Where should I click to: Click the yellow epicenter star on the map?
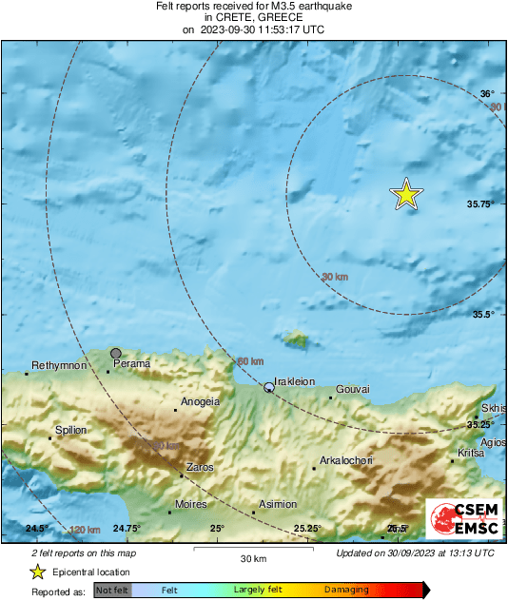[x=406, y=194]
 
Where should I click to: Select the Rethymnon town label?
[x=60, y=365]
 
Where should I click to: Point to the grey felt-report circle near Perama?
[x=116, y=353]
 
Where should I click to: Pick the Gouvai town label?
[x=353, y=389]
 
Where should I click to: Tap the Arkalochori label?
[x=345, y=460]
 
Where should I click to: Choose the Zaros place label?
[x=200, y=467]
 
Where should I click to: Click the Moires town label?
[x=193, y=504]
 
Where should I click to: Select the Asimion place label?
[x=278, y=504]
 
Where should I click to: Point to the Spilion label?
[x=70, y=430]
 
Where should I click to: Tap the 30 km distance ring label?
[x=334, y=277]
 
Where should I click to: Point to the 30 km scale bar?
[x=252, y=549]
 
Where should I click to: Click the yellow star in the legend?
[x=37, y=572]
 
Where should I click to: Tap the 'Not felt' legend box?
[x=112, y=591]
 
